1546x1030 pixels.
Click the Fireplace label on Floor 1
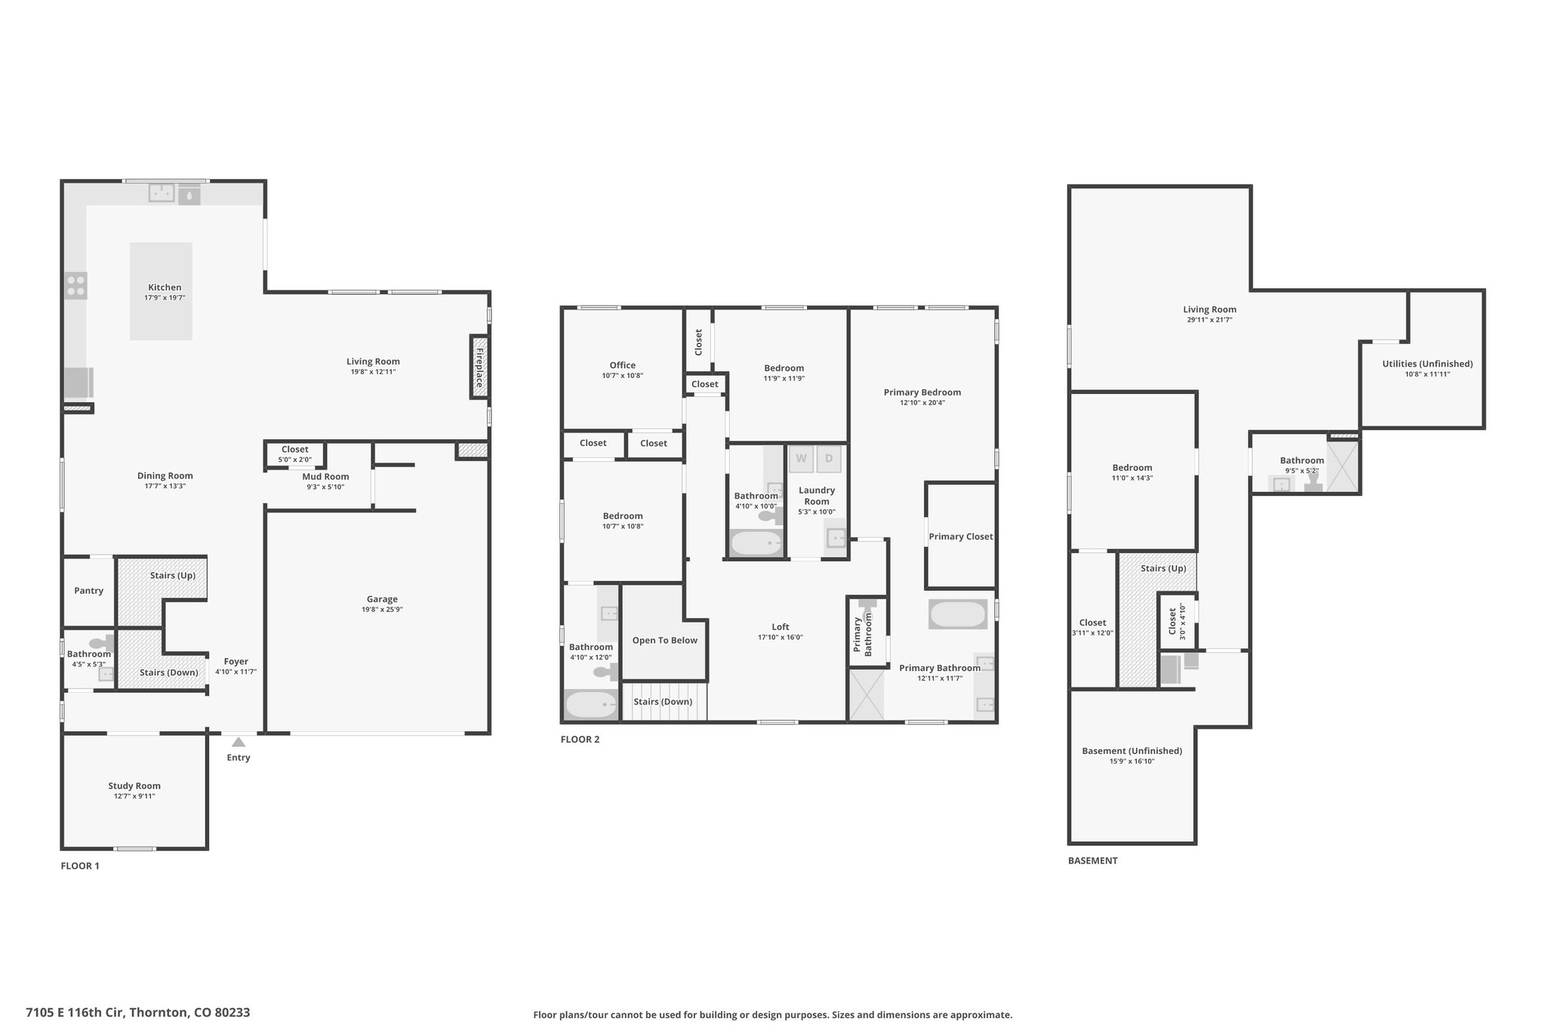click(x=479, y=367)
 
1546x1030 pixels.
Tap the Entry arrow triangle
click(x=239, y=742)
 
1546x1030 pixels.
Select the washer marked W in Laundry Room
click(x=801, y=459)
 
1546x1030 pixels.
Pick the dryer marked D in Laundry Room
click(x=829, y=459)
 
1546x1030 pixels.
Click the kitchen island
click(x=161, y=291)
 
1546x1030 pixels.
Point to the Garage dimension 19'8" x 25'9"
click(x=382, y=610)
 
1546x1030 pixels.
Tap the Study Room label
click(x=134, y=786)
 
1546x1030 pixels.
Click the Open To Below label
click(x=665, y=641)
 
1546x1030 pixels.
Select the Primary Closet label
click(x=961, y=537)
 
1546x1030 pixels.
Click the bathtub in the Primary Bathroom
click(x=958, y=614)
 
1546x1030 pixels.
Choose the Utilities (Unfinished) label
click(x=1427, y=364)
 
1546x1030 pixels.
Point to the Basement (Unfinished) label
click(x=1132, y=751)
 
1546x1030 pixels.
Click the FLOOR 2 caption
click(x=580, y=739)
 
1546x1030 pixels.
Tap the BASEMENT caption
click(x=1092, y=860)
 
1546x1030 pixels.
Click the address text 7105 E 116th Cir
click(x=75, y=1013)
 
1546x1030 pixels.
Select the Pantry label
click(x=89, y=591)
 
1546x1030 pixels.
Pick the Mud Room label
click(x=325, y=476)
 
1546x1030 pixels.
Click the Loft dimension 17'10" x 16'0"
click(x=781, y=638)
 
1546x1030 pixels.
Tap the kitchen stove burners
click(x=75, y=285)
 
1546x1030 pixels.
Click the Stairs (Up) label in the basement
click(x=1163, y=568)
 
